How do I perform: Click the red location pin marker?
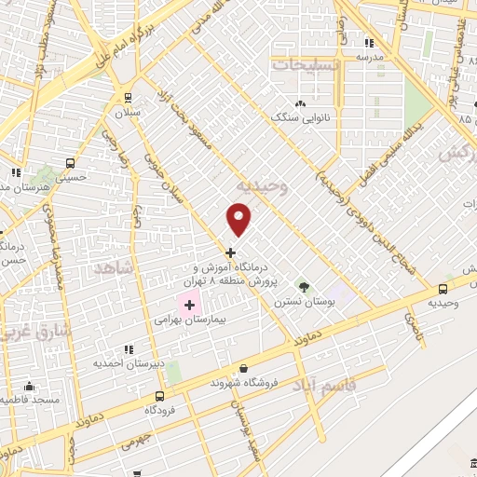(239, 220)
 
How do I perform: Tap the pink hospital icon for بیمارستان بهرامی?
(189, 305)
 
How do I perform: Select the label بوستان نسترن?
(300, 303)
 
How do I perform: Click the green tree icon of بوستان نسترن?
(301, 286)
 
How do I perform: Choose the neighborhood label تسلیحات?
(306, 64)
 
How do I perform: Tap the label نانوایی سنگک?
(300, 118)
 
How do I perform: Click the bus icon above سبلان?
(128, 97)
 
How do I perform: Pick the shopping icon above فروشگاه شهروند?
(243, 368)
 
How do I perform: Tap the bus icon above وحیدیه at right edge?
(443, 289)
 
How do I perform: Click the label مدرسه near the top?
(370, 57)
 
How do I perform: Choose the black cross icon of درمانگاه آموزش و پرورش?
(230, 252)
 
